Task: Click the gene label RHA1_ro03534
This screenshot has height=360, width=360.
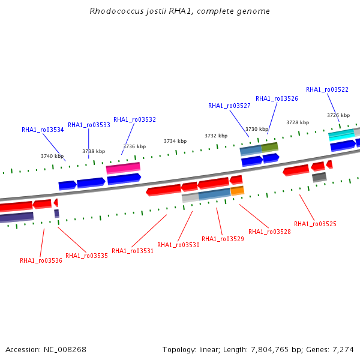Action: coord(43,130)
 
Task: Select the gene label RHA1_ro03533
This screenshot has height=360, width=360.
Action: coord(89,125)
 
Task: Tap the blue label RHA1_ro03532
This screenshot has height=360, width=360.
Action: coord(135,119)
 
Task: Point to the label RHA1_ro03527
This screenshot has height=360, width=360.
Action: coord(229,106)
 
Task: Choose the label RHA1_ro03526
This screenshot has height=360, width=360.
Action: coord(277,99)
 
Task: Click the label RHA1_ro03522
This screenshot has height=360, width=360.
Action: coord(327,89)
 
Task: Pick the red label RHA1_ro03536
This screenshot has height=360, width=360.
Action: coord(41,260)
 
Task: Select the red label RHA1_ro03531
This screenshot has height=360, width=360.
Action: coord(133,251)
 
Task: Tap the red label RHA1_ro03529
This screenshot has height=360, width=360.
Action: coord(223,239)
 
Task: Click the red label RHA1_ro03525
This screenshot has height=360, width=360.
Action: coord(315,224)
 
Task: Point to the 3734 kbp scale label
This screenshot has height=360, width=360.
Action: coord(175,141)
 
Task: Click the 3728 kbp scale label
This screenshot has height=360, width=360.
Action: coord(298,122)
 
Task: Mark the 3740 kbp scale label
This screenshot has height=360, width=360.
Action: coord(52,156)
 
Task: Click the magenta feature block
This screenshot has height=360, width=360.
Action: coord(123,168)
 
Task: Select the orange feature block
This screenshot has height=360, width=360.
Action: coord(237,191)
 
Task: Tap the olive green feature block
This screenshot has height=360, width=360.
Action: coord(270,147)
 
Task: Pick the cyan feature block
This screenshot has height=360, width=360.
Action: coord(341,135)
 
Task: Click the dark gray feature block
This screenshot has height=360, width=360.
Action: coord(319,177)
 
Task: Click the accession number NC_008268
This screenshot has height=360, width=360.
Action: coord(65,350)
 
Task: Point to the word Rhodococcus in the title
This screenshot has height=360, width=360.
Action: coord(116,11)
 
